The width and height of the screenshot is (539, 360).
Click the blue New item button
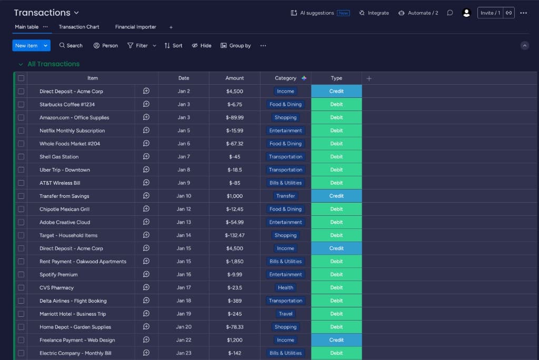[x=26, y=46]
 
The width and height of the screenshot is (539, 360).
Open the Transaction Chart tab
[x=79, y=27]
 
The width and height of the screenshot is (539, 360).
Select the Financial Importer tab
[x=136, y=27]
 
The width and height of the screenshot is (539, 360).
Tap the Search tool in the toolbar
[x=71, y=46]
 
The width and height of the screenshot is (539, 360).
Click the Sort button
[x=173, y=46]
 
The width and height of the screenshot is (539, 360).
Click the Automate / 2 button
[x=418, y=13]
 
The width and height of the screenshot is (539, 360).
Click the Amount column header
[x=235, y=78]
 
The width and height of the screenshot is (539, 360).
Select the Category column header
[x=285, y=78]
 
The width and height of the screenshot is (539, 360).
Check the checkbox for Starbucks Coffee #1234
[x=21, y=104]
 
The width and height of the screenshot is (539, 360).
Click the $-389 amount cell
[x=235, y=301]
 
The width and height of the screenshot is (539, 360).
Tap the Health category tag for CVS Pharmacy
[x=285, y=288]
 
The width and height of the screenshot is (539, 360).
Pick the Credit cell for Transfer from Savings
[x=336, y=196]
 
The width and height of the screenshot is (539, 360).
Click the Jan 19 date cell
[x=184, y=314]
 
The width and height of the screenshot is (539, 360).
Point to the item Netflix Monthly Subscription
[x=72, y=131]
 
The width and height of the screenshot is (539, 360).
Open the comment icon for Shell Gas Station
[x=146, y=157]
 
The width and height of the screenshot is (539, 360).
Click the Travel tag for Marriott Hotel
[x=285, y=314]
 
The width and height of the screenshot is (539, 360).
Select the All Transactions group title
[x=53, y=64]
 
